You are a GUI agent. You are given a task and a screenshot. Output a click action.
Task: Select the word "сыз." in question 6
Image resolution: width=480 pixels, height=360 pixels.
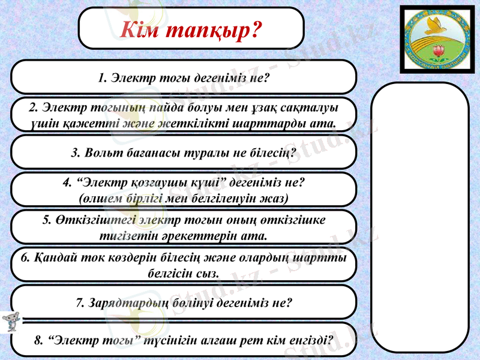[x=208, y=274]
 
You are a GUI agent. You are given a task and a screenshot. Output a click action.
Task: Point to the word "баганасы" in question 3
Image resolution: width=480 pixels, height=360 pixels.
[x=153, y=153]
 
